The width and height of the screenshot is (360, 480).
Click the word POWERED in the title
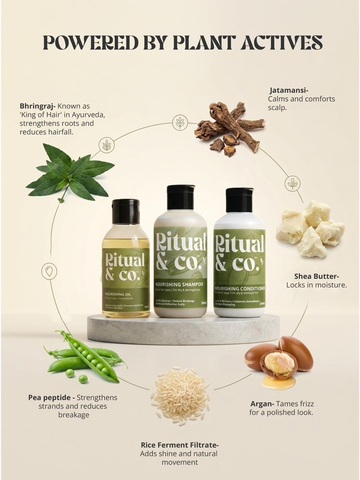pyautogui.click(x=82, y=42)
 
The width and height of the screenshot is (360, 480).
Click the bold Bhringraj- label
pyautogui.click(x=37, y=106)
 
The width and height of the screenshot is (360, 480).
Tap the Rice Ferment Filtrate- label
pyautogui.click(x=180, y=445)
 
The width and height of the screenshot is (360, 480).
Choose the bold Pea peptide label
pyautogui.click(x=51, y=397)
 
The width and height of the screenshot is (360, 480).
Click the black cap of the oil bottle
pyautogui.click(x=126, y=211)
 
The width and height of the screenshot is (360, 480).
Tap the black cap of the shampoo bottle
pyautogui.click(x=181, y=195)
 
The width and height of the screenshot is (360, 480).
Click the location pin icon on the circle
pyautogui.click(x=49, y=271)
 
